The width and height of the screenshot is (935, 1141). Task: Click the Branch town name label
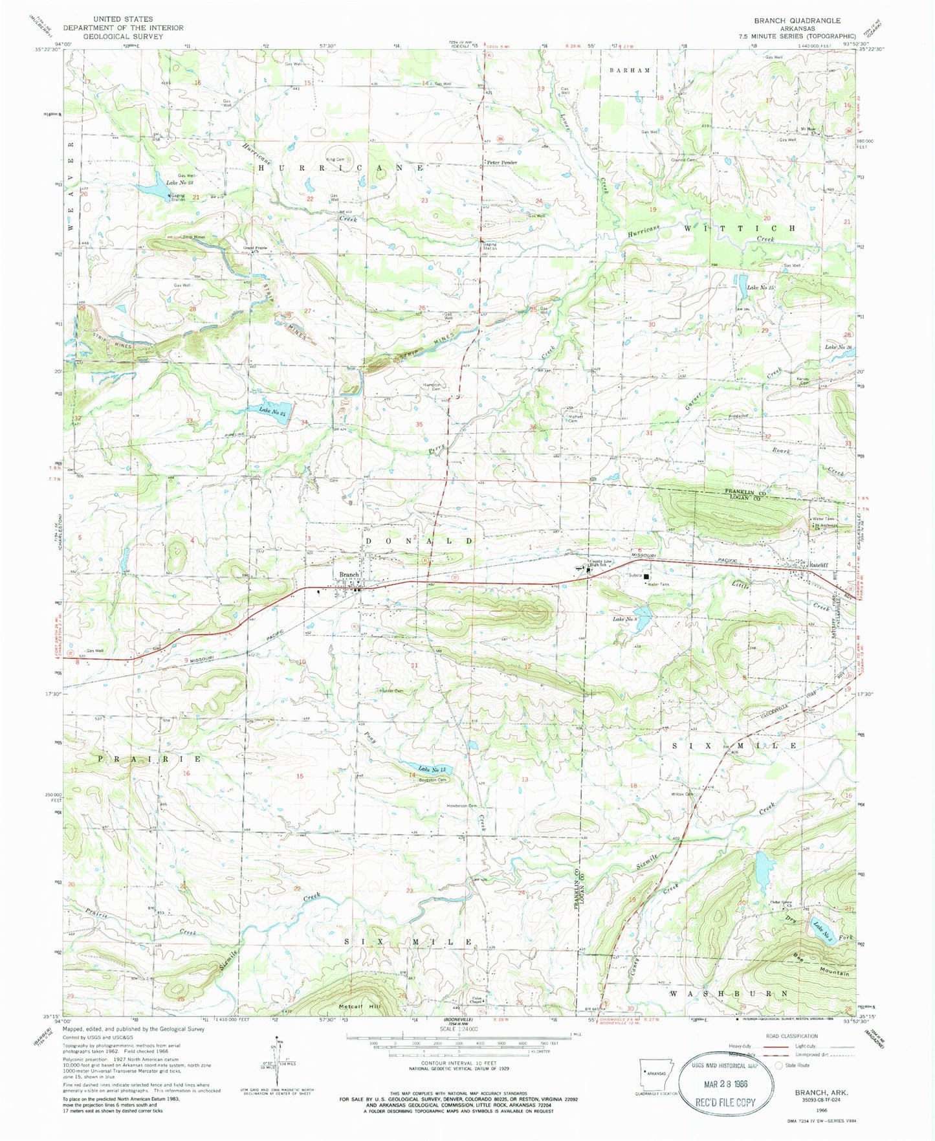click(349, 574)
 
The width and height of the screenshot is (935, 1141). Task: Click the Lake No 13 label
click(432, 769)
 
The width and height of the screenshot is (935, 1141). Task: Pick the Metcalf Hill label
click(361, 1007)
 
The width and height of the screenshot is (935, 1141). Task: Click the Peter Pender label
click(502, 162)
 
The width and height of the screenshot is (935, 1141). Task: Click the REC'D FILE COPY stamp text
click(725, 1102)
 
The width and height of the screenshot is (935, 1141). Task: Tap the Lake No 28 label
click(180, 183)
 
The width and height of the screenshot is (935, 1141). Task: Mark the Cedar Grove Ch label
click(782, 903)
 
